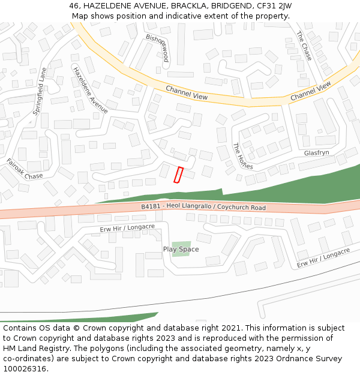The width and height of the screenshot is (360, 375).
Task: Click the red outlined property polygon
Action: pyautogui.click(x=178, y=175)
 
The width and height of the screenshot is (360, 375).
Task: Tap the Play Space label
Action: pyautogui.click(x=181, y=249)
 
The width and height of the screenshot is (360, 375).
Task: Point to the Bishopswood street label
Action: pyautogui.click(x=158, y=48)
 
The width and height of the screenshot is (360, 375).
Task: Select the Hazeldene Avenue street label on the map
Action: pyautogui.click(x=90, y=89)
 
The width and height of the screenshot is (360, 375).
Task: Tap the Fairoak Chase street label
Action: pyautogui.click(x=25, y=169)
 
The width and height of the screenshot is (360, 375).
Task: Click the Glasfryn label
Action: pyautogui.click(x=316, y=153)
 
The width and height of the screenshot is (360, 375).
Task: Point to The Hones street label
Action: pyautogui.click(x=242, y=156)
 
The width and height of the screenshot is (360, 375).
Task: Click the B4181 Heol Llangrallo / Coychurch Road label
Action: pyautogui.click(x=203, y=208)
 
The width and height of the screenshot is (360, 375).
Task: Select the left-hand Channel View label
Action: pyautogui.click(x=187, y=92)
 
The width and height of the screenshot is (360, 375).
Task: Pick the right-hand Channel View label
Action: pyautogui.click(x=310, y=91)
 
